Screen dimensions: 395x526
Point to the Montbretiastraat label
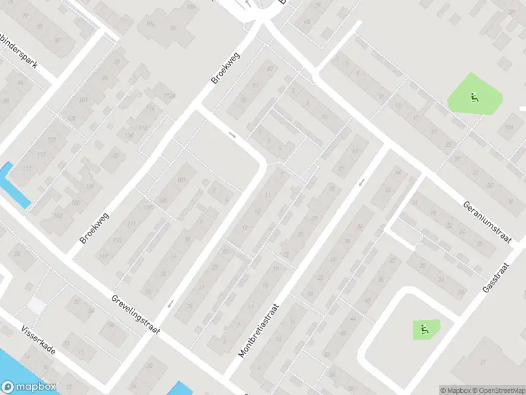[x=259, y=330]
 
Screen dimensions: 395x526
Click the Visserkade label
[x=37, y=341]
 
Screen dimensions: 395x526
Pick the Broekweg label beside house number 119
[x=94, y=228]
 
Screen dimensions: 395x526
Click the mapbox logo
[x=28, y=387]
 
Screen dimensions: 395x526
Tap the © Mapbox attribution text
[x=456, y=390]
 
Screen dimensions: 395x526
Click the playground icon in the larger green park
[x=474, y=99]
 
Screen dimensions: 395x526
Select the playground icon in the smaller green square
[x=424, y=328]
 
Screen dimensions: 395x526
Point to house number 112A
[x=171, y=96]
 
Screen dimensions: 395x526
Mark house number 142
[x=59, y=216]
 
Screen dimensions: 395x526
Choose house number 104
[x=151, y=24]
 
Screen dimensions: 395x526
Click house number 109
[x=51, y=141]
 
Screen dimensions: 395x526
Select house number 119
[x=103, y=257]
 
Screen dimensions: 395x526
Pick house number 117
[x=26, y=170]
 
